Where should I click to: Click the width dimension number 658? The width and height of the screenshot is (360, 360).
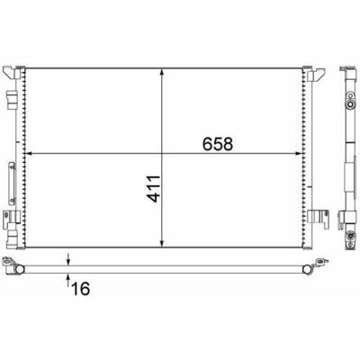[218, 144]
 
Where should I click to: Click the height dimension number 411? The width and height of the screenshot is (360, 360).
[154, 189]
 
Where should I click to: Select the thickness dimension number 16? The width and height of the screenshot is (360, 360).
[80, 288]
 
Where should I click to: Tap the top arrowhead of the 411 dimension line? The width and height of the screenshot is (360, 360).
[162, 72]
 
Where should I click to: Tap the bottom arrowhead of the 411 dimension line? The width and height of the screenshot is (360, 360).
[162, 244]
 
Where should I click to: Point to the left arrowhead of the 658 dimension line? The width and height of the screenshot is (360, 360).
[29, 154]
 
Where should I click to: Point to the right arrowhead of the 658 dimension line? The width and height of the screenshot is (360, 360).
[298, 154]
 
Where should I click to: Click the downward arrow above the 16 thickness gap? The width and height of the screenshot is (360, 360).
[68, 259]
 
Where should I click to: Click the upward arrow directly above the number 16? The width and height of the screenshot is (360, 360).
[68, 279]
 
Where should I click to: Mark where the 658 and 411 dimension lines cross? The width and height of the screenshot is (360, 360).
[162, 154]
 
